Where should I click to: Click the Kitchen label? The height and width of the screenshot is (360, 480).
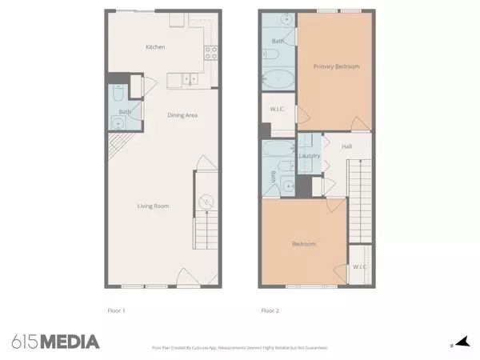(x=155, y=47)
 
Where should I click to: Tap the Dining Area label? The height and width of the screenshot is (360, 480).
(x=182, y=115)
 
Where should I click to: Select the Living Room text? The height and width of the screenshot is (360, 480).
(x=153, y=206)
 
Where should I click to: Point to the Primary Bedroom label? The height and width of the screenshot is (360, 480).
(x=335, y=67)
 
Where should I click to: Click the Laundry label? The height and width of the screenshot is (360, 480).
(x=310, y=155)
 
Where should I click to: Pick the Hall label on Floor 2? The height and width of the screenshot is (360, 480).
(x=347, y=146)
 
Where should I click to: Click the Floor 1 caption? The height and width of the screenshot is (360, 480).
(x=117, y=310)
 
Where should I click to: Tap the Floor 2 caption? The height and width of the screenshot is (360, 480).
(x=270, y=310)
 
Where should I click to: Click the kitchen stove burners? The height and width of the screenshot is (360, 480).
(x=212, y=54)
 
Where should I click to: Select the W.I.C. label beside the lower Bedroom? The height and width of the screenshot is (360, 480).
(x=359, y=266)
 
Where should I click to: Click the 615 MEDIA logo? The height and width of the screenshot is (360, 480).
(x=56, y=342)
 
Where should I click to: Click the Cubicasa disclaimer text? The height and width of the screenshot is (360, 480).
(x=240, y=348)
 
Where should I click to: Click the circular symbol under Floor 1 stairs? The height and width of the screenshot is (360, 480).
(x=205, y=202)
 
